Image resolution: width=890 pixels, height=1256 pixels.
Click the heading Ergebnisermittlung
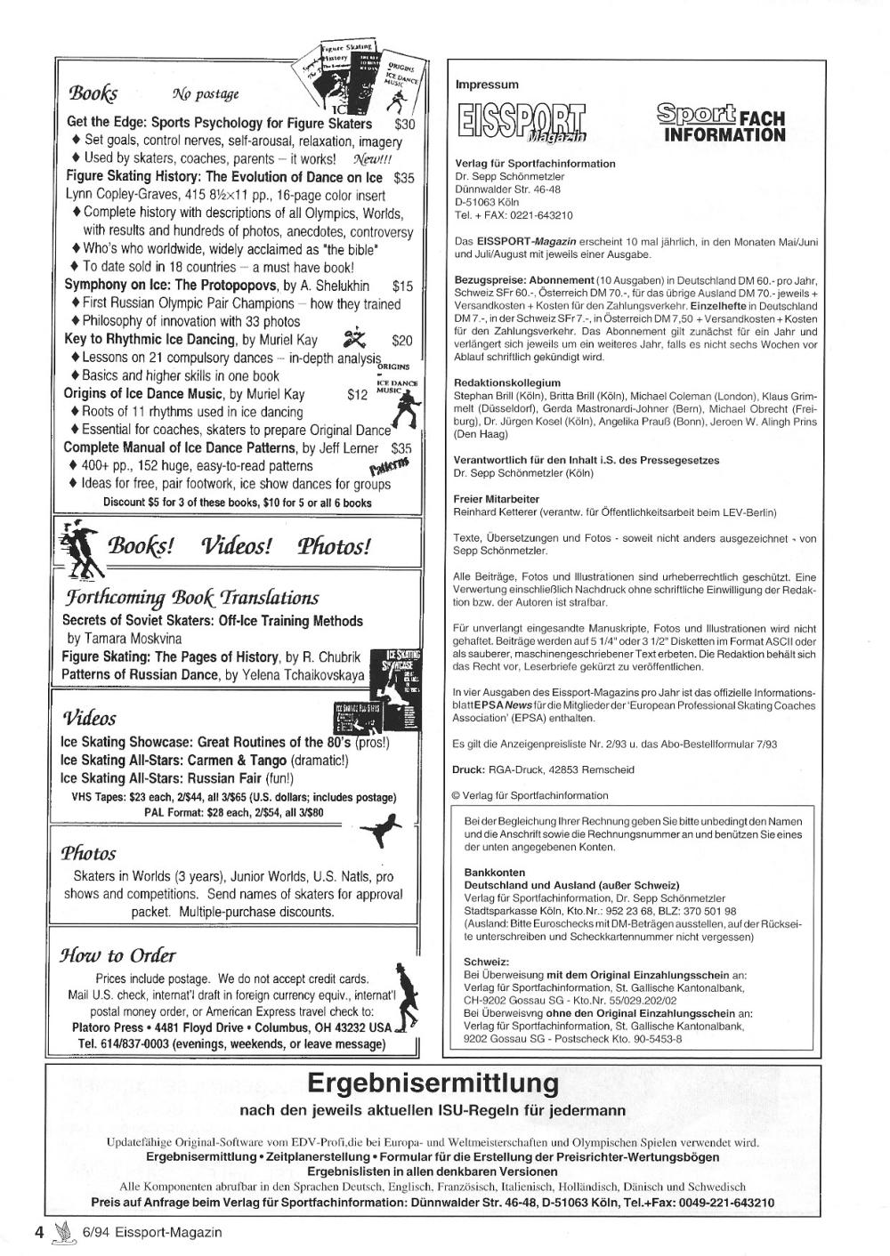433,1083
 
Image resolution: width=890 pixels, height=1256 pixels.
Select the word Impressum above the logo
486,85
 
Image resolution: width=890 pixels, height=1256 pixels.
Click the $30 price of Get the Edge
405,124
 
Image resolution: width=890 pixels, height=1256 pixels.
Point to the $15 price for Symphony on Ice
402,286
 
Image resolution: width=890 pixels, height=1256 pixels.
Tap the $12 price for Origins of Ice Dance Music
358,393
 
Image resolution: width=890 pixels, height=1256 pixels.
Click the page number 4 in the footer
38,1232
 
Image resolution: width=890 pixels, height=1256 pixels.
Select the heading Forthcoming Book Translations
190,598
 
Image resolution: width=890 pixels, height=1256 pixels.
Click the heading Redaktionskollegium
506,382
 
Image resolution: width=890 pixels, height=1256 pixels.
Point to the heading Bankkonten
491,874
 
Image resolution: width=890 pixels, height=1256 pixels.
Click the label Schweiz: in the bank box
486,962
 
